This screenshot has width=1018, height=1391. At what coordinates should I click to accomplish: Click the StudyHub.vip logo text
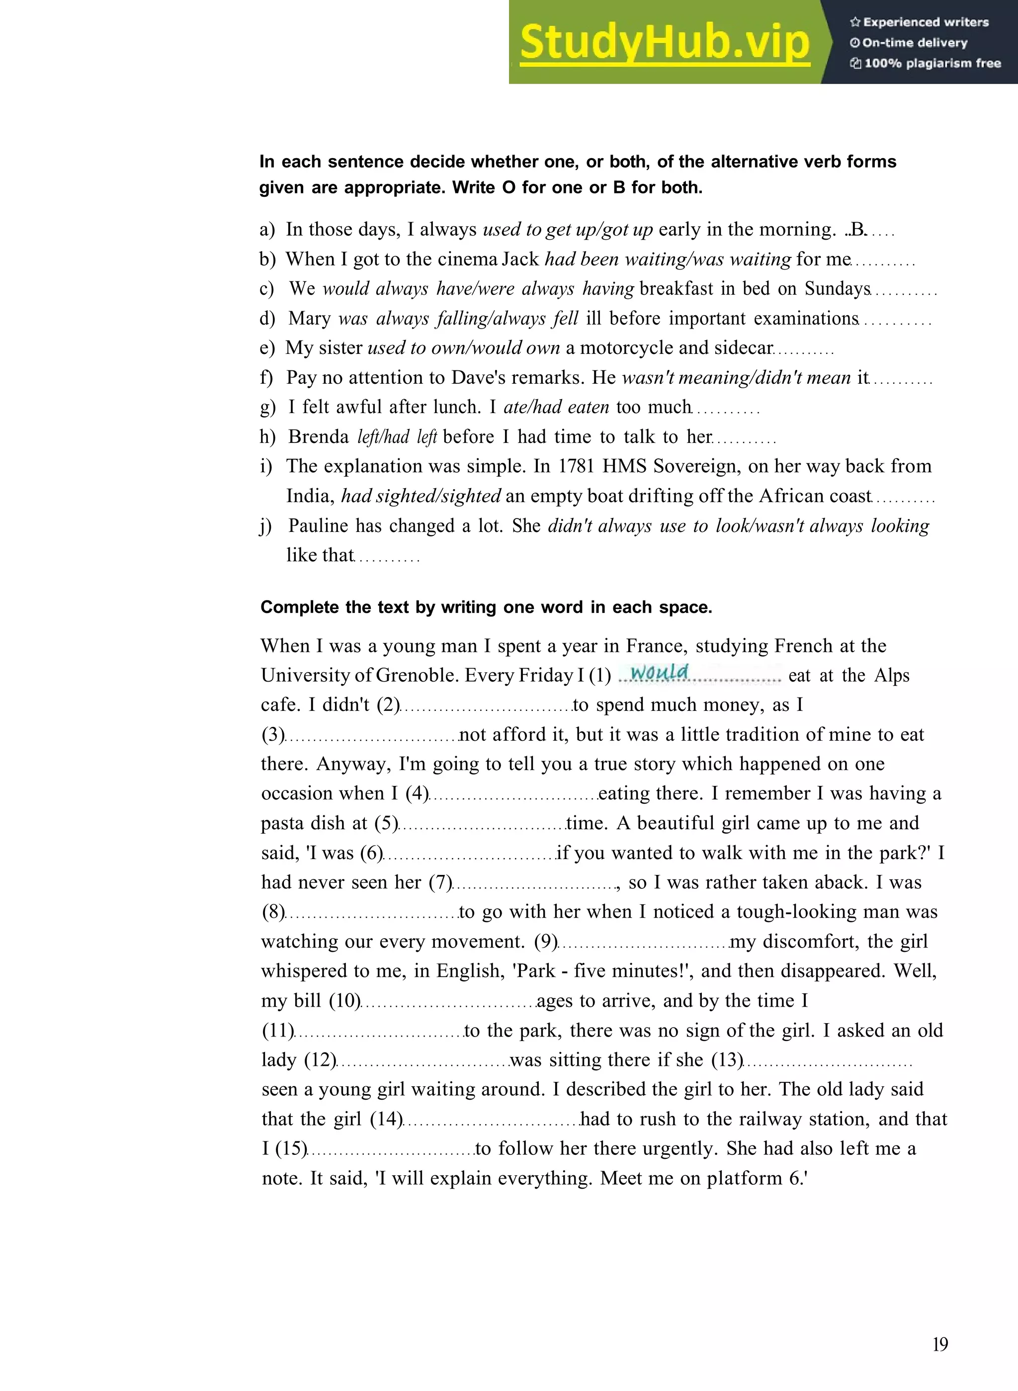(x=664, y=42)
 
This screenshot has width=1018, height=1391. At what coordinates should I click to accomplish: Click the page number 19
(x=940, y=1344)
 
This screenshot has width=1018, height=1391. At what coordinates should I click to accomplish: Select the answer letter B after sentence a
(x=858, y=230)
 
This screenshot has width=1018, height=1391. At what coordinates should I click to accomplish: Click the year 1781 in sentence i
(x=577, y=466)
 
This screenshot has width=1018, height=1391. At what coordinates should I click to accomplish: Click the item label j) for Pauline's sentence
(x=265, y=526)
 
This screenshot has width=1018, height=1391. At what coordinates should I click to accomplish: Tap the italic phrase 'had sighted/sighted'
(x=422, y=496)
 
